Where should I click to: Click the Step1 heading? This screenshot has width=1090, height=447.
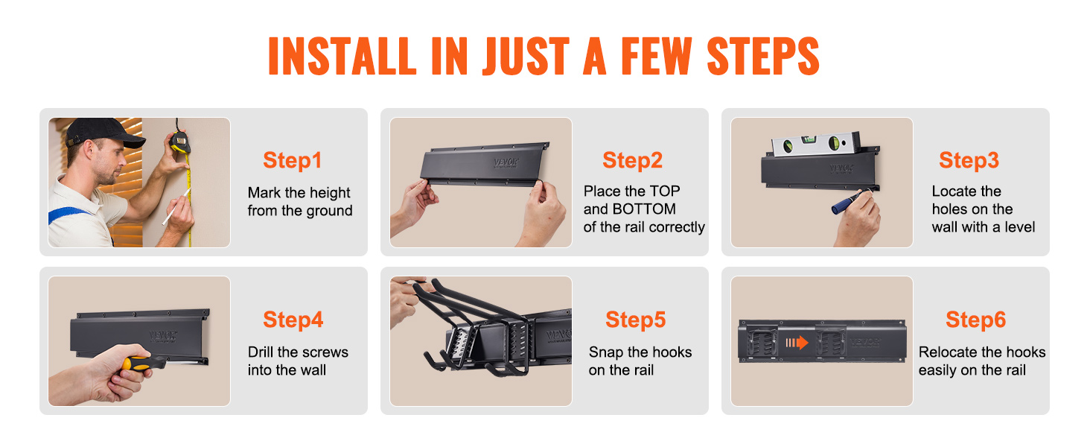point(293,161)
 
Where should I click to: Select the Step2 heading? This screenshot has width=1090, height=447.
point(633,160)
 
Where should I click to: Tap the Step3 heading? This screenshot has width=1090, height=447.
point(969,160)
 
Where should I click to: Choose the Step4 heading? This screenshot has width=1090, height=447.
point(293,320)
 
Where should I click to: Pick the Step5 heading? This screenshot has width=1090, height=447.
point(636,320)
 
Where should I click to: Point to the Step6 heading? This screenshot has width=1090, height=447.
point(975,320)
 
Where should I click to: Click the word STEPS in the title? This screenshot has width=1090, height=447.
point(763,56)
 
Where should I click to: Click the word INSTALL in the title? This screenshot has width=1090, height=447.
point(342,56)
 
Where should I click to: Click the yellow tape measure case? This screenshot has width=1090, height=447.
point(179,143)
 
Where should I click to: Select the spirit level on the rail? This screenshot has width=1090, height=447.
point(815,143)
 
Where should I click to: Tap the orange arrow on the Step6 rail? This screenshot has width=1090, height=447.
point(797,343)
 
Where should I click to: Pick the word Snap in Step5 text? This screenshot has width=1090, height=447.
point(606,352)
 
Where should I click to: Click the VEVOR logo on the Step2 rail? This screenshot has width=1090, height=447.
point(506,162)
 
